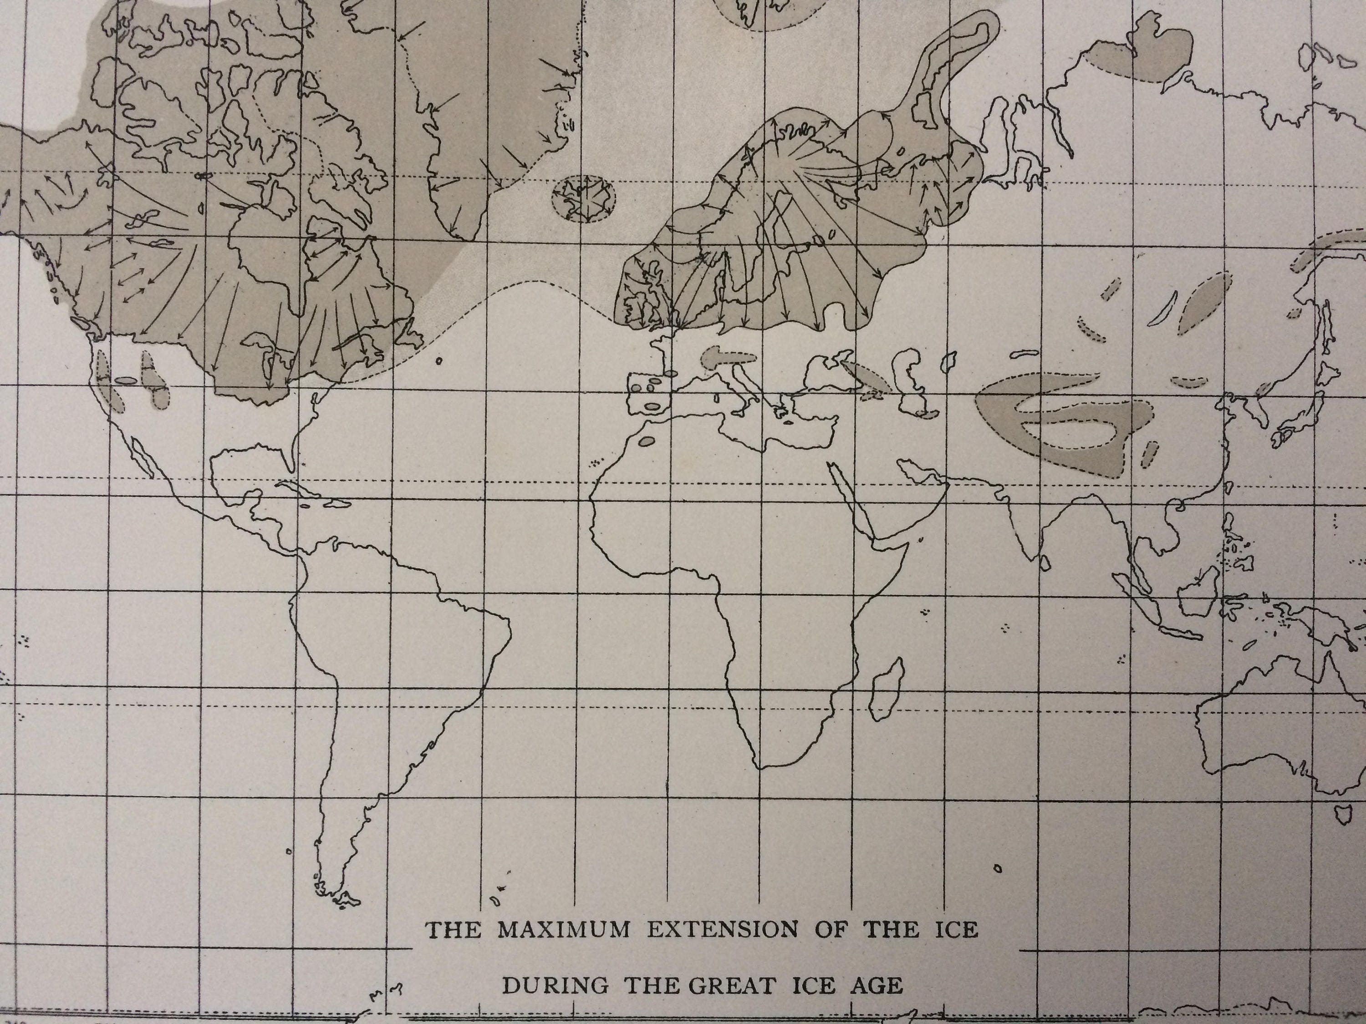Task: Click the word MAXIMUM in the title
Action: pyautogui.click(x=563, y=931)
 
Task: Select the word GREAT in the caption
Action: pyautogui.click(x=730, y=986)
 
